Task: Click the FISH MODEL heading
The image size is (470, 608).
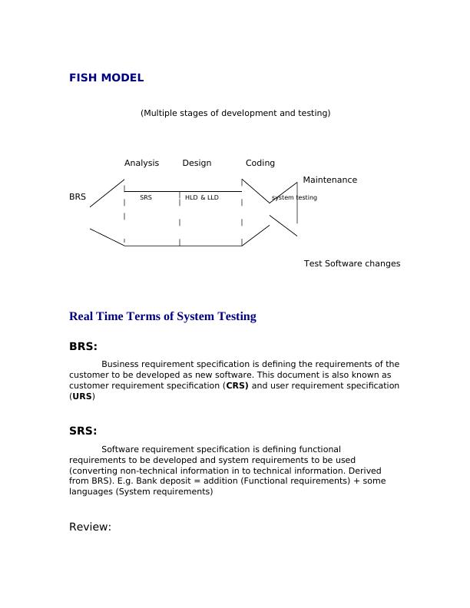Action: click(106, 78)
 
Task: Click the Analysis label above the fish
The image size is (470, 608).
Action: click(141, 163)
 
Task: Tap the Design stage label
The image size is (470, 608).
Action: click(197, 163)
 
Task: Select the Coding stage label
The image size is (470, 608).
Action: click(260, 163)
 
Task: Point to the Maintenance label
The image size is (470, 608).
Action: click(329, 180)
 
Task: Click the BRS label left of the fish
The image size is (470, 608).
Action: click(78, 197)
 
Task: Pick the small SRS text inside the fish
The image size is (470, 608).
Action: click(146, 197)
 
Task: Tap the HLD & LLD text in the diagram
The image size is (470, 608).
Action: click(201, 197)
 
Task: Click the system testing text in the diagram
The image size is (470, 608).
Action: click(294, 197)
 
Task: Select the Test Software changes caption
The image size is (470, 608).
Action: click(352, 263)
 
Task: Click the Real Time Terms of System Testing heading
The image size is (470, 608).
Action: click(162, 316)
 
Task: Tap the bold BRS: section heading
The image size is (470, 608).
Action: click(83, 346)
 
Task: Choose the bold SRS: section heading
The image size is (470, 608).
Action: click(83, 431)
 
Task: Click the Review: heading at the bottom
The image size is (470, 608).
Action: click(91, 527)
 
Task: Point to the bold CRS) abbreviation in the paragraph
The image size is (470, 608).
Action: click(237, 385)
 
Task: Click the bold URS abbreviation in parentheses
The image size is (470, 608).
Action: click(81, 396)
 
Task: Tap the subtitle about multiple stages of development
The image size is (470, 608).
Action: click(235, 113)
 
